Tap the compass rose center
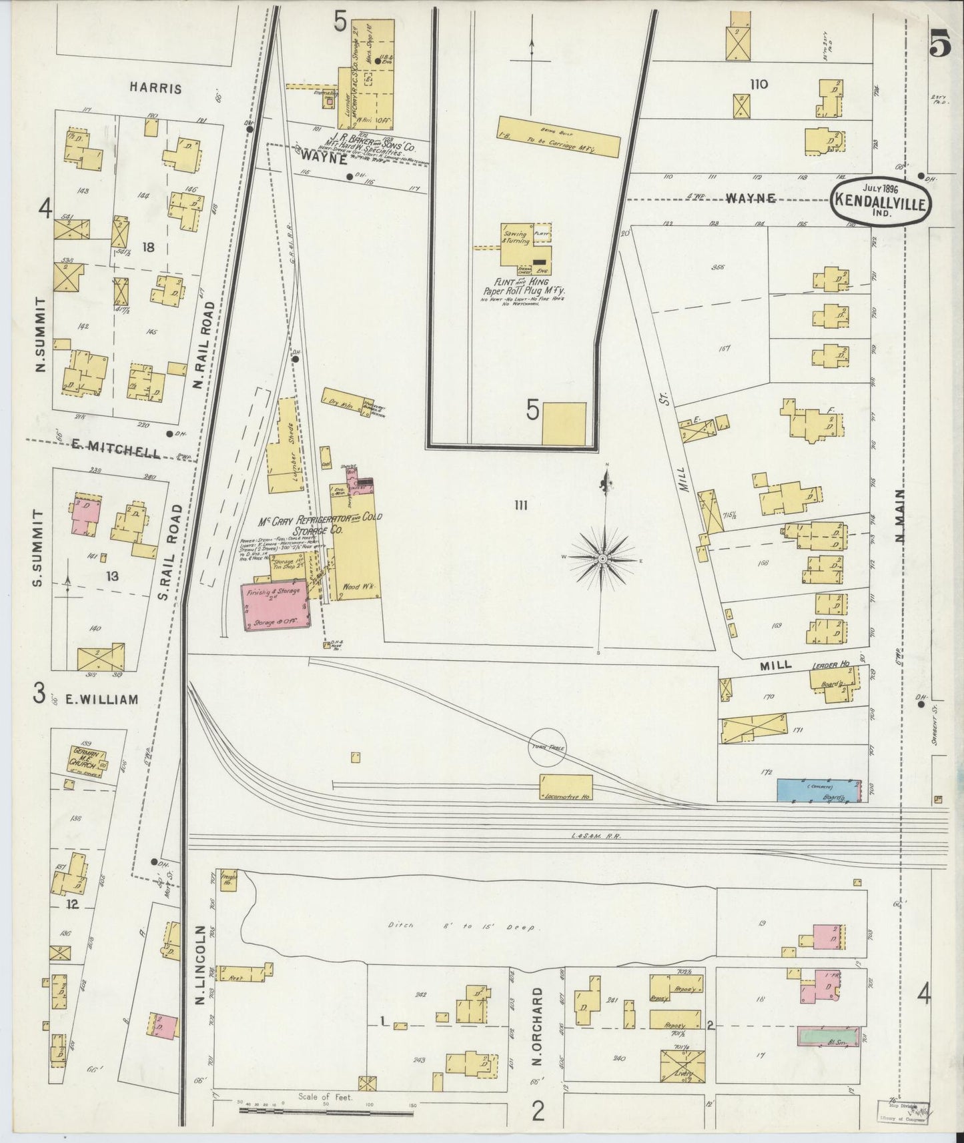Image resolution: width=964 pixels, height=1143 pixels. [602, 557]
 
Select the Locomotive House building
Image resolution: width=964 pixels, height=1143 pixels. [566, 787]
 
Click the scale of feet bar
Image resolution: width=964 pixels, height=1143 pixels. [327, 1112]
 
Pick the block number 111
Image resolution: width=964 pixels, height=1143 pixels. [520, 506]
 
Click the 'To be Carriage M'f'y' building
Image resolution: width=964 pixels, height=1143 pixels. [558, 137]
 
